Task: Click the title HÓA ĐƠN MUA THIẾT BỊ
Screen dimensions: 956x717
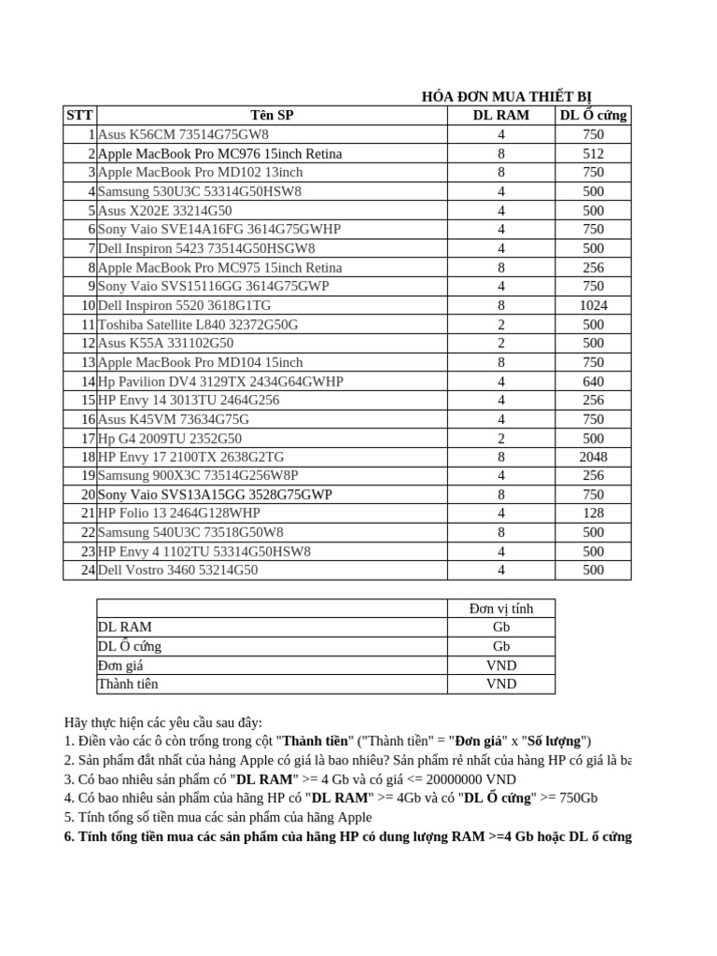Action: click(x=506, y=96)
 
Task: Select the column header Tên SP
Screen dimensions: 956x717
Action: click(x=272, y=116)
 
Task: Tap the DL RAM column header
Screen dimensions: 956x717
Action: click(x=501, y=116)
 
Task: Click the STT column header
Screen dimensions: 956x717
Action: click(x=79, y=116)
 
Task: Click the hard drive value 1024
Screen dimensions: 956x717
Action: click(x=593, y=305)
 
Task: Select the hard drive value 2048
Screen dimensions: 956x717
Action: click(x=593, y=457)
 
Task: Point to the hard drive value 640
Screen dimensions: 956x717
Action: click(x=593, y=381)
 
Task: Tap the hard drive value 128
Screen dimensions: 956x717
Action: click(x=593, y=513)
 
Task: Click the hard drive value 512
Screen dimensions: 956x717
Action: click(x=593, y=153)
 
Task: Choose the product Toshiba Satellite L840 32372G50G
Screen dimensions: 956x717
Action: click(x=198, y=324)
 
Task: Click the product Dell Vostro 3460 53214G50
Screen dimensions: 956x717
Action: click(x=177, y=570)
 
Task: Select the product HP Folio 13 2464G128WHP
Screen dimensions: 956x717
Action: click(x=179, y=513)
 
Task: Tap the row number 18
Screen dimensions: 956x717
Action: click(x=88, y=457)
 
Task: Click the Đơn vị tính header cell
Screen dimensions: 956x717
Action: click(x=501, y=609)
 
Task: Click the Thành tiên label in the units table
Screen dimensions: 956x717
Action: click(x=128, y=684)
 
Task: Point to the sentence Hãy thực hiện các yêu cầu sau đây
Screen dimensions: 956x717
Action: click(x=163, y=723)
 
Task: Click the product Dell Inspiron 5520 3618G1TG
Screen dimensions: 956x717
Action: click(x=185, y=305)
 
